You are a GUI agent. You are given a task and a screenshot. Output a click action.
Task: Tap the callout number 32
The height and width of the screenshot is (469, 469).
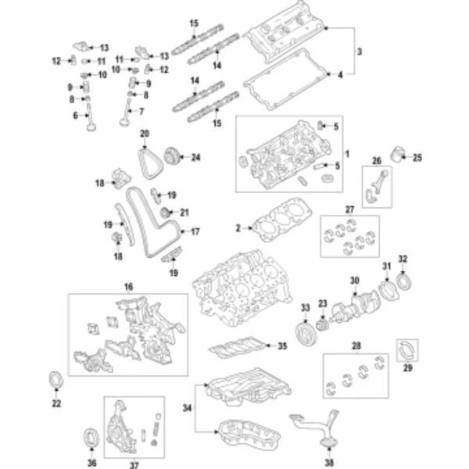coord(403,259)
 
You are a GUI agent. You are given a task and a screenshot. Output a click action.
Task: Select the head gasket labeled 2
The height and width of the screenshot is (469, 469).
coord(277,220)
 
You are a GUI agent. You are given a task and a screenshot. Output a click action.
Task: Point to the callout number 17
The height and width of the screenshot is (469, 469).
coord(195,231)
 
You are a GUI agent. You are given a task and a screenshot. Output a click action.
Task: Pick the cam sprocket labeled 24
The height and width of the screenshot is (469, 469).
coord(174,158)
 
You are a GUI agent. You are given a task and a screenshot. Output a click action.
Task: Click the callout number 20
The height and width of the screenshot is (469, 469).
coord(145,134)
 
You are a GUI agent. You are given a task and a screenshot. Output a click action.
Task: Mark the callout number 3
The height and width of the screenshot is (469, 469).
coord(359,52)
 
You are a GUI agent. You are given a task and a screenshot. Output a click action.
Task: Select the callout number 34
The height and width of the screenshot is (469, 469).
coord(186,406)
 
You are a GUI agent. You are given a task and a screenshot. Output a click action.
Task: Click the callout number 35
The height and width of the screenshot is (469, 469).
coord(282,344)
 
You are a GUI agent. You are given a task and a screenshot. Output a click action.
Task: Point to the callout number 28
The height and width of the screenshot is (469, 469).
coord(358,345)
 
